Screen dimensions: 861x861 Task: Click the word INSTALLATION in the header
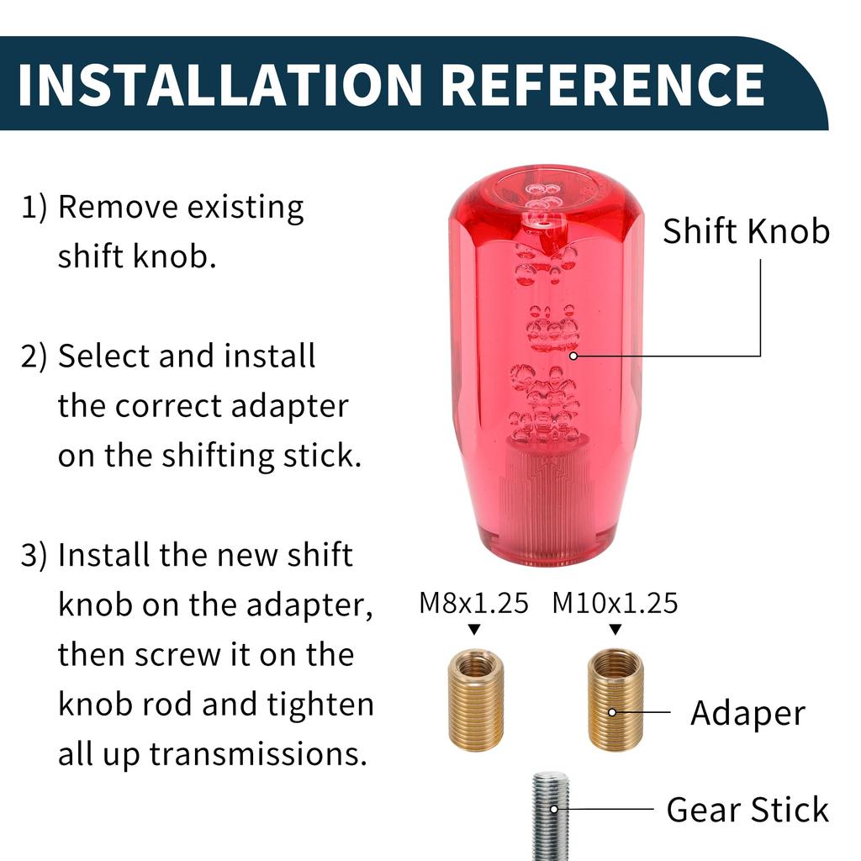coord(219,83)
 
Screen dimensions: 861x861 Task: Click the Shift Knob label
coord(746,231)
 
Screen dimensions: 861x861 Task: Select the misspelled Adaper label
coord(747,713)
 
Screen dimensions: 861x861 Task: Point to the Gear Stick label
coord(747,811)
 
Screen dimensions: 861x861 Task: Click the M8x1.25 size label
coord(473,603)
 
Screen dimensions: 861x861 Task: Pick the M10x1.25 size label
coord(615,603)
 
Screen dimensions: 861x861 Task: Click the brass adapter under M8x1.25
coord(476,700)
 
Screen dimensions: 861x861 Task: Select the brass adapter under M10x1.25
coord(615,700)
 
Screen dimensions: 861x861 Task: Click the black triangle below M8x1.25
coord(474,629)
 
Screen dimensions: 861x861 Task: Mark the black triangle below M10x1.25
coord(615,629)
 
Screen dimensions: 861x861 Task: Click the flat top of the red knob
coord(547,181)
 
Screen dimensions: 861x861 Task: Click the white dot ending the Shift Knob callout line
coord(574,356)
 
